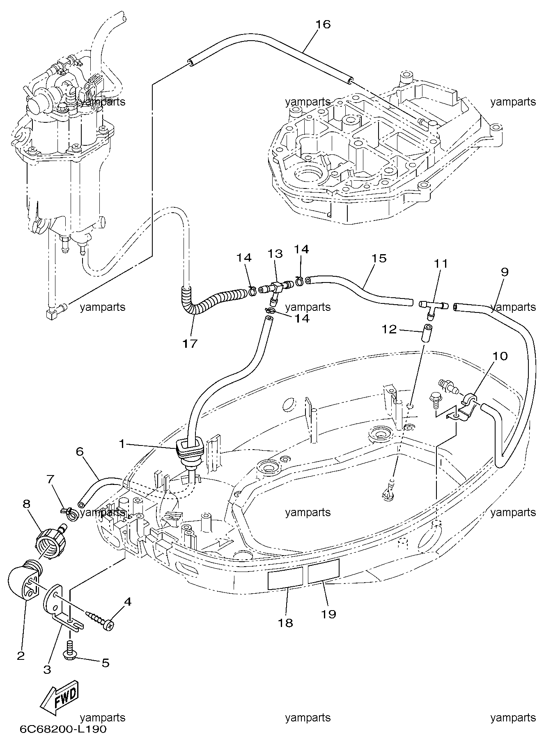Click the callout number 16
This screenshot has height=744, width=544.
(x=323, y=24)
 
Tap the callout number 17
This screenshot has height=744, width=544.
(x=190, y=343)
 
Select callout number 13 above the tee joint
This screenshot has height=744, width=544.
(x=275, y=253)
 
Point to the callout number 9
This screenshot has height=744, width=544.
(x=505, y=272)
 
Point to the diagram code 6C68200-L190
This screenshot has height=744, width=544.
(x=63, y=729)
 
